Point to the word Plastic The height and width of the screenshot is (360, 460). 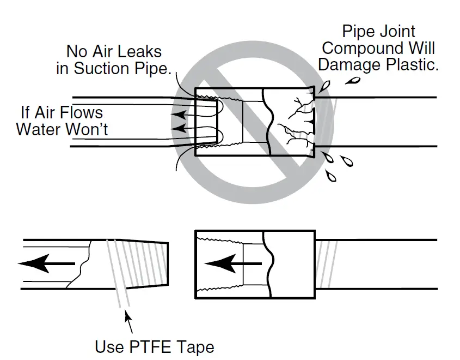[413, 65]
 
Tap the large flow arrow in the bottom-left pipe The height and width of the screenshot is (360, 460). [46, 263]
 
